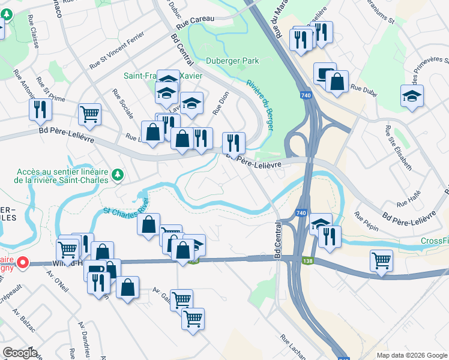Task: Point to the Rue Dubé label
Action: [363, 89]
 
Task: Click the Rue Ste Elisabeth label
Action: [399, 147]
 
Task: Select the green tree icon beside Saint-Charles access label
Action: [118, 175]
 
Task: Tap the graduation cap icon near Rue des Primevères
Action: [412, 95]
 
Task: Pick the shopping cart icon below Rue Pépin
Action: [381, 260]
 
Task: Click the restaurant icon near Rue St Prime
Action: [41, 109]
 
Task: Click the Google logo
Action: [20, 353]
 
